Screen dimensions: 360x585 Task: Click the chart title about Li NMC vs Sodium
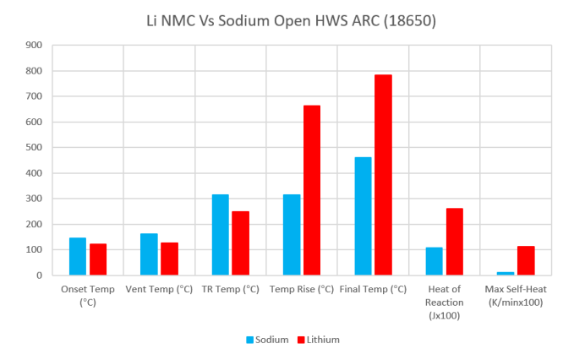point(292,20)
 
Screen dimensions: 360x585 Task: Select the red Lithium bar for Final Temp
point(383,175)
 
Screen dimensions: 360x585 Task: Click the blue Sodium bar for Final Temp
point(363,216)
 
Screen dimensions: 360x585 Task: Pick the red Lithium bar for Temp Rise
point(312,190)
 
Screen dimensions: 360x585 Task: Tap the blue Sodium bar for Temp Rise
point(292,235)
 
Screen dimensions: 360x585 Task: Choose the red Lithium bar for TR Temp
point(241,243)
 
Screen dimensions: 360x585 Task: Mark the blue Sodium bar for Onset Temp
point(78,256)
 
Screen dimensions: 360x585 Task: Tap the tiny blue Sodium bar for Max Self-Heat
point(506,273)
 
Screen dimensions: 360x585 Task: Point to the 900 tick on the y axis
point(35,45)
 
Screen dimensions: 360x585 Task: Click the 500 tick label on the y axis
point(35,147)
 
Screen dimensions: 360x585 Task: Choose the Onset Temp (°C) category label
point(88,295)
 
